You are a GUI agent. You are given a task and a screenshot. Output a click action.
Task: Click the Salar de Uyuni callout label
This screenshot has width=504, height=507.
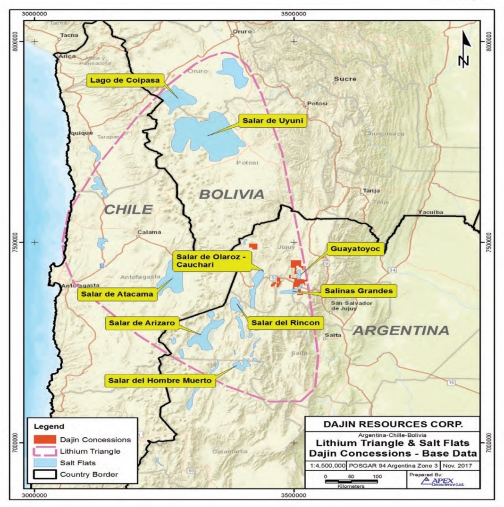click(272, 121)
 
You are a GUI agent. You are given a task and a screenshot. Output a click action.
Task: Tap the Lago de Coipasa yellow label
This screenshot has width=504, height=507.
click(125, 80)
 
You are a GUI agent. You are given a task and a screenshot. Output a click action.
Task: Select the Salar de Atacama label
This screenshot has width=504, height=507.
click(118, 294)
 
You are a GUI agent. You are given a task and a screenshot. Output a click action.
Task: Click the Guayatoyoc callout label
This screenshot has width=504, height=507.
click(355, 248)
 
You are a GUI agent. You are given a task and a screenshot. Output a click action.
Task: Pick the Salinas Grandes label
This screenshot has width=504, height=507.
click(359, 291)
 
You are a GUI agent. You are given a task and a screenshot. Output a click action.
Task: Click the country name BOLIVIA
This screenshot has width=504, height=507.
click(231, 194)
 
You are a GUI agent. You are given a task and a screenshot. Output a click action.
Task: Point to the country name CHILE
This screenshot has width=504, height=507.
click(129, 209)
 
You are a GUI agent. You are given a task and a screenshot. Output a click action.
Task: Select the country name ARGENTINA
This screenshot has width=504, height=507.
click(401, 330)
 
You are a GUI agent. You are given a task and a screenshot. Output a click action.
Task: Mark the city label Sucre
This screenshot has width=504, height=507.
click(344, 79)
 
